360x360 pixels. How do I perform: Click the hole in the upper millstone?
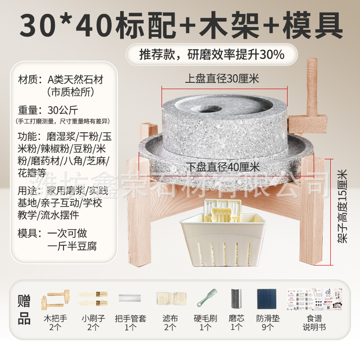coord(208,108)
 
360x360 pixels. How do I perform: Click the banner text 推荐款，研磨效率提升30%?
coord(211,55)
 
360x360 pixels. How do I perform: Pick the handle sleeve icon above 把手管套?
coord(130,298)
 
